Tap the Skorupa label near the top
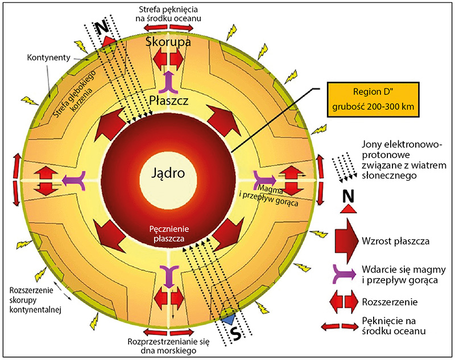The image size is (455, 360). (x=168, y=43)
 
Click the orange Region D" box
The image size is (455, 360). (x=373, y=98)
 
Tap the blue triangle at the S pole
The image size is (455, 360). (x=229, y=320)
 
